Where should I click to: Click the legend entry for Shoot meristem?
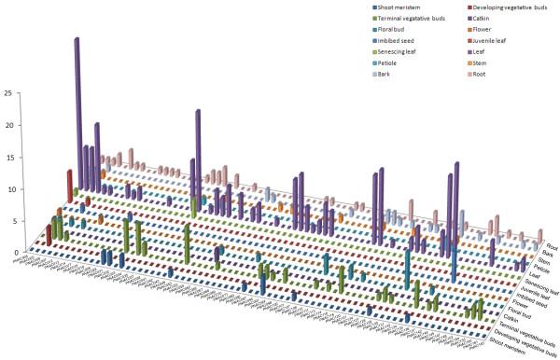click(x=394, y=7)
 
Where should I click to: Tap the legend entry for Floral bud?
click(x=391, y=30)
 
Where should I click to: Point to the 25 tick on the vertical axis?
click(x=7, y=93)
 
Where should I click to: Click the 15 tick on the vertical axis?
click(x=7, y=157)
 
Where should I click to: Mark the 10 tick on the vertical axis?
click(x=7, y=189)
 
